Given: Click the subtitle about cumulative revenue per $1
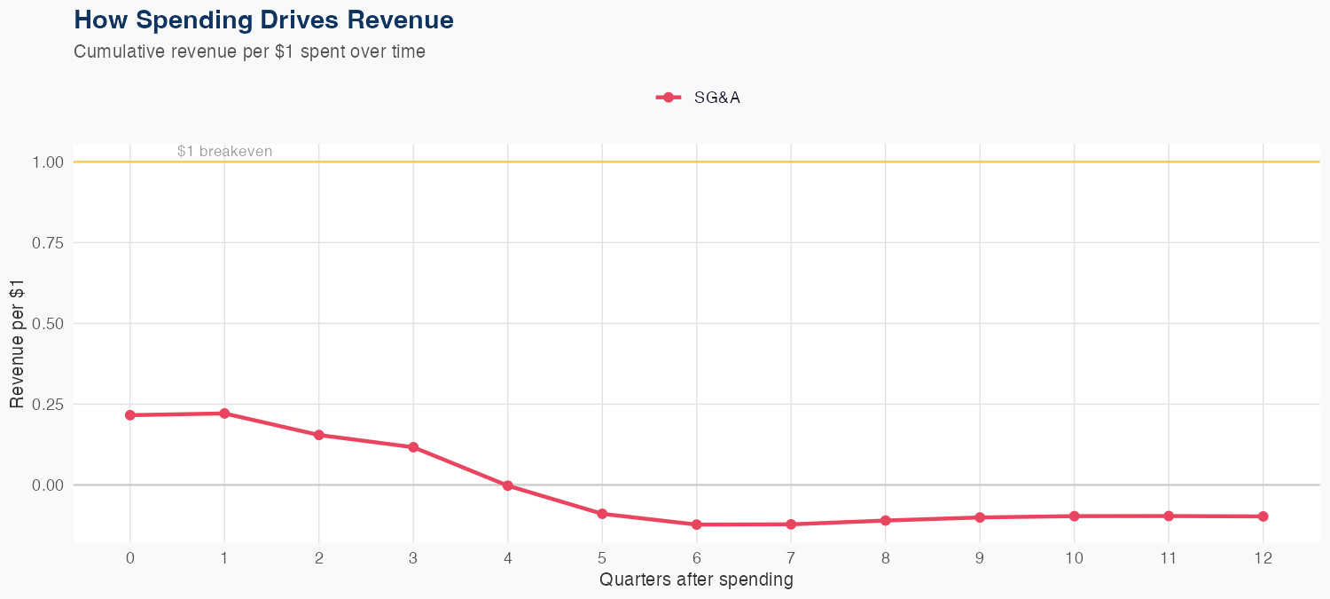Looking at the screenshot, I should click(249, 51).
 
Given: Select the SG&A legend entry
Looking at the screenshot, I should click(699, 98).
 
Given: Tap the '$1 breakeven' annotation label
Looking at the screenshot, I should click(224, 152).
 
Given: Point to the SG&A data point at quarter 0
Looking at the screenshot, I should click(130, 415).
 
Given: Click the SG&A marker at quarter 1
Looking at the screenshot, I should click(224, 414).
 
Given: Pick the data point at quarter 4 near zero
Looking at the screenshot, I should click(508, 485).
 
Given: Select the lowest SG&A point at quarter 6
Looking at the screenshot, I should click(697, 524).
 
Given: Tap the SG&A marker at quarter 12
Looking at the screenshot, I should click(1263, 516).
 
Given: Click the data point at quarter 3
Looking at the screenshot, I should click(413, 447).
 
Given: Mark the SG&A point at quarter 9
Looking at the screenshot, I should click(980, 517).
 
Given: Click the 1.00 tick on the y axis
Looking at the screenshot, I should click(47, 162).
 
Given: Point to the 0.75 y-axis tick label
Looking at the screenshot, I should click(47, 243).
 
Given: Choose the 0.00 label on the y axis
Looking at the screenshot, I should click(47, 485).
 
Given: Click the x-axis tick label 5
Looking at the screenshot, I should click(602, 558).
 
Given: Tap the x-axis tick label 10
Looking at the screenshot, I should click(1075, 558).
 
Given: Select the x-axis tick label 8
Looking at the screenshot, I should click(886, 558).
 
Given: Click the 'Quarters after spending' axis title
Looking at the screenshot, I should click(696, 580).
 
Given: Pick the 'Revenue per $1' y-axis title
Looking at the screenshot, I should click(17, 343).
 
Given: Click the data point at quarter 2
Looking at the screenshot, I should click(318, 435).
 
